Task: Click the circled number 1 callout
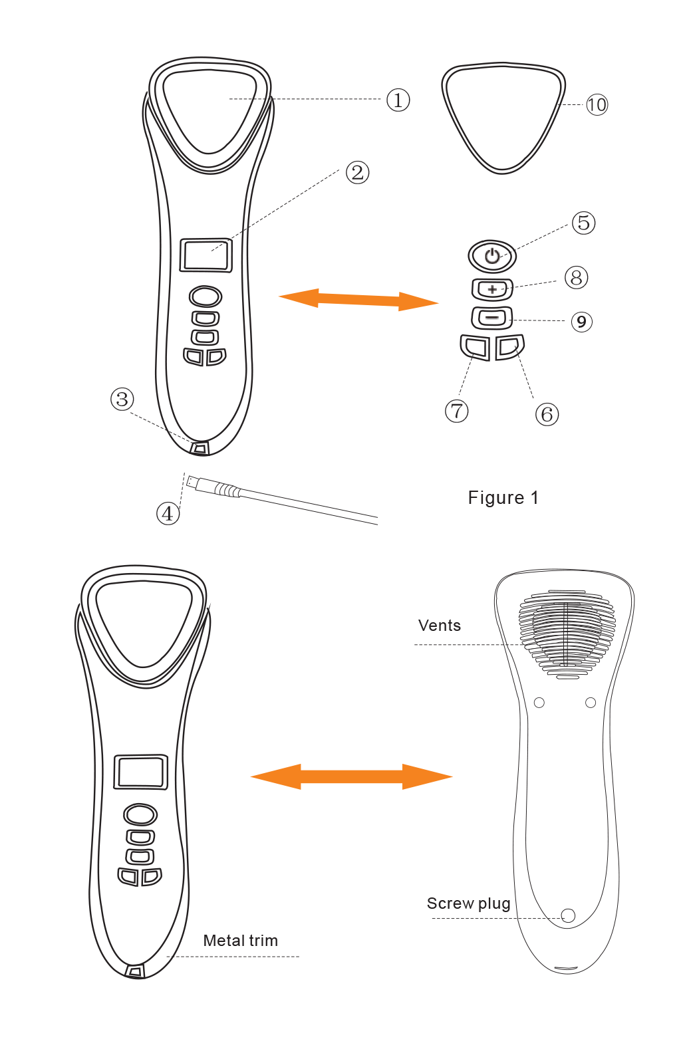398,100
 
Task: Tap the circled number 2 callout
358,173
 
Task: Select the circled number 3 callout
122,400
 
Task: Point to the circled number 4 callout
168,513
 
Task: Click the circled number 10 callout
597,105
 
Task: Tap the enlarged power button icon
492,256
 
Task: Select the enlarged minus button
492,318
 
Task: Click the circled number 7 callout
457,411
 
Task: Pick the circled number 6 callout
547,415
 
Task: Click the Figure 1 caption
503,498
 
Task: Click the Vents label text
439,626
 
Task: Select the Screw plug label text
468,903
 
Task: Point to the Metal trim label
240,941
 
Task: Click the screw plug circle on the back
568,915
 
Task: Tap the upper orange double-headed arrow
358,299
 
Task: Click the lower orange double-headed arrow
351,776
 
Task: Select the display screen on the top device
206,255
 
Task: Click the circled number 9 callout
581,322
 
